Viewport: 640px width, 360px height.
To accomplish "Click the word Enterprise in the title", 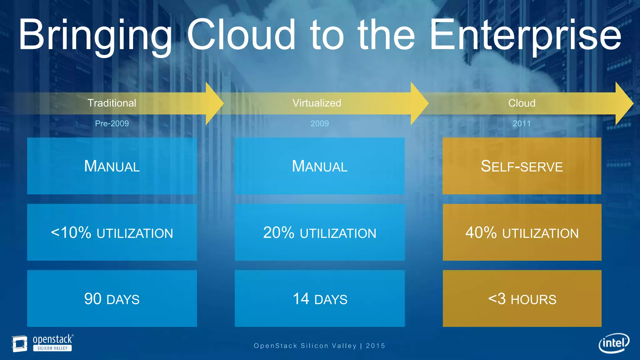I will [x=525, y=35].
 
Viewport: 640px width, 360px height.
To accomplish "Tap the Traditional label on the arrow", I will [x=112, y=103].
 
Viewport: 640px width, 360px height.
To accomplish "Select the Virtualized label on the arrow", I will [x=317, y=103].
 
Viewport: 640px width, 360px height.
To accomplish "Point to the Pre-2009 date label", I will [x=112, y=123].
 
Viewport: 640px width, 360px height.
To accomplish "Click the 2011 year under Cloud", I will [x=522, y=123].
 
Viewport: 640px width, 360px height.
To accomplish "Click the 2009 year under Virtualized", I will [x=319, y=123].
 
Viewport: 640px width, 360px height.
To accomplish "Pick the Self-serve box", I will [x=522, y=166].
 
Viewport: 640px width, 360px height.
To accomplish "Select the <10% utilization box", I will [x=112, y=232].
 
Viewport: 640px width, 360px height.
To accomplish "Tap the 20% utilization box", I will [x=319, y=232].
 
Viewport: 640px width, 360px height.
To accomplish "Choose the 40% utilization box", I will [x=522, y=232].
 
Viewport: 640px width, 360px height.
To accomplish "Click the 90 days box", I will [x=112, y=299].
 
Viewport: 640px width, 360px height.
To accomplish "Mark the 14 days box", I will [x=319, y=299].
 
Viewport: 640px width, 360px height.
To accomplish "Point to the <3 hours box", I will [x=522, y=299].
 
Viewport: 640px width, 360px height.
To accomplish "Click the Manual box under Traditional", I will [x=112, y=166].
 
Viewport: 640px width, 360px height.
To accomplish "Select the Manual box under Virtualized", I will [x=319, y=166].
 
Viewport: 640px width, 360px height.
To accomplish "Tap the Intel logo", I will [x=614, y=343].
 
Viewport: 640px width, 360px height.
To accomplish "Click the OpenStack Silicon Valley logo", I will [x=42, y=343].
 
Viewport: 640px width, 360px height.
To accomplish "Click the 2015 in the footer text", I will [x=375, y=346].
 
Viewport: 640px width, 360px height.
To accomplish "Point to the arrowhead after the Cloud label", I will [x=623, y=103].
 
